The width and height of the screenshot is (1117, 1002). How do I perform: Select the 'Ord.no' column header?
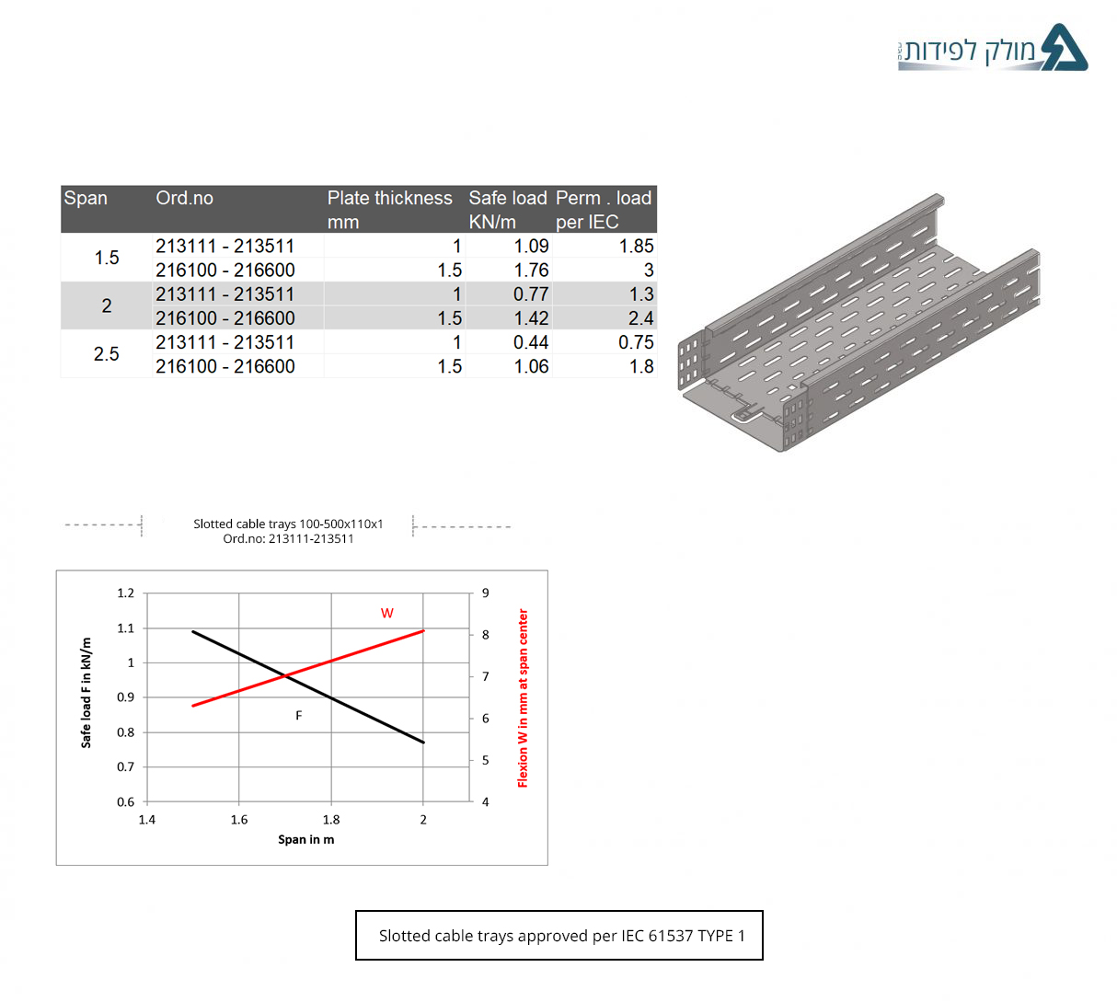[x=184, y=198]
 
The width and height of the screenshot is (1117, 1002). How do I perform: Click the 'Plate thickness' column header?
[x=389, y=198]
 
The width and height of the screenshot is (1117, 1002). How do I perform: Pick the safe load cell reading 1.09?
[x=531, y=246]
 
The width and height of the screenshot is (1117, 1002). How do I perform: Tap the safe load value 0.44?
[x=531, y=342]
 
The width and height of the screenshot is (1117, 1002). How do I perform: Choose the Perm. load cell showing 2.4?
[x=640, y=318]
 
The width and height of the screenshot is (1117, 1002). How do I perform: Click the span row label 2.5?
[x=107, y=354]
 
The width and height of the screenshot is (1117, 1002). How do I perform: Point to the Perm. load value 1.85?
[x=636, y=246]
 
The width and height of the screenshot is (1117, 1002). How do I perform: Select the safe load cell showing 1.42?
[x=531, y=318]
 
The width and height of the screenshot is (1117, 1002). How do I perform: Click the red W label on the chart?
[x=387, y=613]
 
